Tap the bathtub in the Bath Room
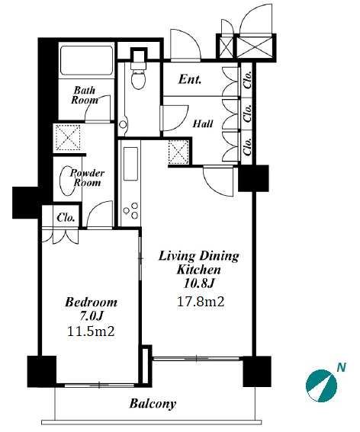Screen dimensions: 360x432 coord(87,60)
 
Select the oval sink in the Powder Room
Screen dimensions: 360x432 coord(67,181)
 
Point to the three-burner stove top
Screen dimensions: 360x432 coord(131,211)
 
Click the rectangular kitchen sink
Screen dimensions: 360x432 coord(130,164)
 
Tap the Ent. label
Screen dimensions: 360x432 coord(190,79)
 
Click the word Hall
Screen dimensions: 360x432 coord(203,123)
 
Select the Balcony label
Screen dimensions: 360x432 coord(153,404)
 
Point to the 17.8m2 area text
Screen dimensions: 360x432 coord(201,302)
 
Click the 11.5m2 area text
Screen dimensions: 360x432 coord(91,331)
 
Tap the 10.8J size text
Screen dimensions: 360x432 coord(198,283)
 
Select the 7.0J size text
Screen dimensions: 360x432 coord(92,316)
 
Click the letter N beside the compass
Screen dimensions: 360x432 coord(342,367)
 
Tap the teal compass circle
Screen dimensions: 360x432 coord(321,386)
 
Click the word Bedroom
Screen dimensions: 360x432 coord(92,302)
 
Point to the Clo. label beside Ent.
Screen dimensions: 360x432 coord(248,80)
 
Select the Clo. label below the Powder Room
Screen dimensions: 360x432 coord(66,218)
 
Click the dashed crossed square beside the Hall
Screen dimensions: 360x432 coord(178,152)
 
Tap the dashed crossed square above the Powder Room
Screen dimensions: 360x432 coord(68,137)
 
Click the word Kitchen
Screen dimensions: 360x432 coord(198,270)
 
